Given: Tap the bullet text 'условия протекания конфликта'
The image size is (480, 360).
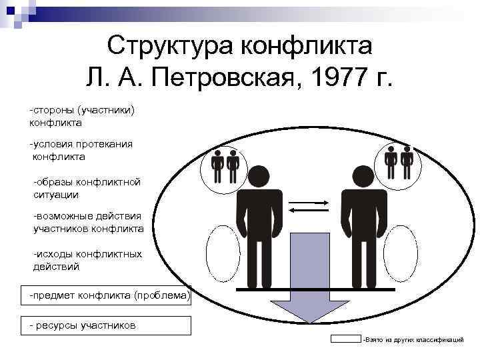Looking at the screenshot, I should tap(81, 150).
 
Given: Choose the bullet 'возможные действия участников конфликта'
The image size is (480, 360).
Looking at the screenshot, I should tap(88, 222).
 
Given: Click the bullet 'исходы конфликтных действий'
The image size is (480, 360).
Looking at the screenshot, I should tap(87, 260).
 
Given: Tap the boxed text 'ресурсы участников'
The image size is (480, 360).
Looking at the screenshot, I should tap(83, 325).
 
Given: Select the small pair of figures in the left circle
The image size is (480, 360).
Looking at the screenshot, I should tap(225, 167).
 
